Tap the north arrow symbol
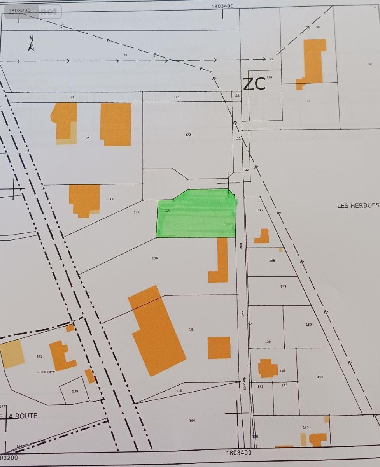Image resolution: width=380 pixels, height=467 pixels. pos(31,44)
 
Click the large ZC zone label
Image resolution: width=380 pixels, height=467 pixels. pos(254,84)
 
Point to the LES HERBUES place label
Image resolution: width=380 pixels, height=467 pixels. pos(358,205)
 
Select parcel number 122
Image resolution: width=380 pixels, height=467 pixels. pos(188,135)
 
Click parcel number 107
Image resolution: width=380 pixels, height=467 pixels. pos(192,329)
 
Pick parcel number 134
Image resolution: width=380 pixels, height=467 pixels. pos(155,258)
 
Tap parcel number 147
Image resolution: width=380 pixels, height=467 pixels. pos(261,210)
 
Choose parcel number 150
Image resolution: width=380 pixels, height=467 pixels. pos(309,324)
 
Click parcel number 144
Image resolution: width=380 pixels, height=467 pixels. pos(320,376)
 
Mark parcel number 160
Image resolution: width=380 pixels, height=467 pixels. pos(192,420)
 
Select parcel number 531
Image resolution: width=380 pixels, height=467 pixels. pos(39,356)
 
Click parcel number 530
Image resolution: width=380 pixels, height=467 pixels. pos(75,391)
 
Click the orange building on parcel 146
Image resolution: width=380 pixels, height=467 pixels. pos(267,368)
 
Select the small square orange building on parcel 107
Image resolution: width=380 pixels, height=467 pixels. pos(219,348)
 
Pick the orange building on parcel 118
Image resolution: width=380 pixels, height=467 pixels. pos(84,200)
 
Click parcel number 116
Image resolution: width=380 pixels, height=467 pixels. pos(269,77)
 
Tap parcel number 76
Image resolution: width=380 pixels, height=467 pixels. pos(88,137)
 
